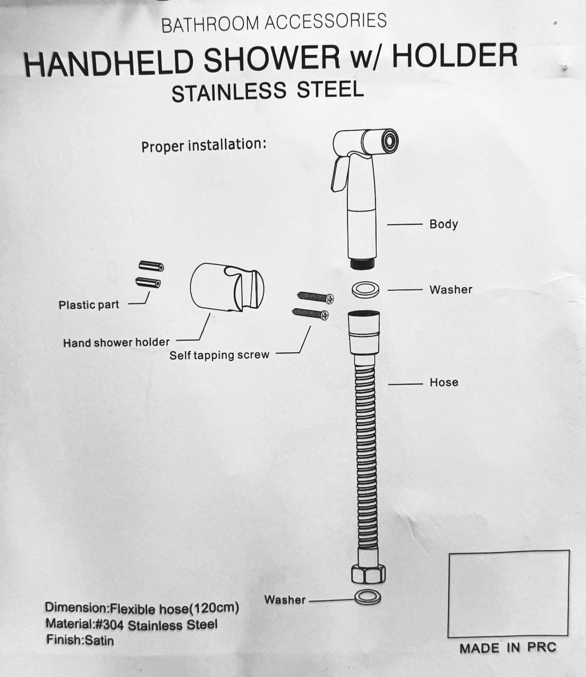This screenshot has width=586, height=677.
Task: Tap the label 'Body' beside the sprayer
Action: click(444, 224)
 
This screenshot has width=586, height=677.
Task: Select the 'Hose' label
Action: click(444, 382)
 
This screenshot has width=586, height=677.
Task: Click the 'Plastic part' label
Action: click(89, 305)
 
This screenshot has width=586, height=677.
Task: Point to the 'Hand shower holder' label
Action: click(116, 343)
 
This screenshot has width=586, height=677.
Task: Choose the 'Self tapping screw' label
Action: click(219, 355)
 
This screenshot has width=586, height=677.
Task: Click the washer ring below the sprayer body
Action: click(365, 289)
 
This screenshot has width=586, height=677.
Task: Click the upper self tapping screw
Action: click(315, 297)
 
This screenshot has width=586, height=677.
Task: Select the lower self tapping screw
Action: click(310, 314)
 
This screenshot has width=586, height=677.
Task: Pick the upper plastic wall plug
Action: click(151, 266)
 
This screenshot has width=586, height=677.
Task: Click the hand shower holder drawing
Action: click(227, 287)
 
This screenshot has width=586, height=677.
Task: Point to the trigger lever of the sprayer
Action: click(340, 173)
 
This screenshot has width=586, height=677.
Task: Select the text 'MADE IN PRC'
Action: click(508, 648)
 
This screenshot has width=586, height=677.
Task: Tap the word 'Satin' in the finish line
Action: click(99, 640)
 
